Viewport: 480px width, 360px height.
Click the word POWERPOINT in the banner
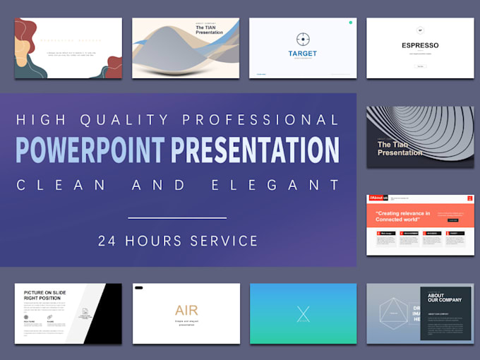tap(90, 150)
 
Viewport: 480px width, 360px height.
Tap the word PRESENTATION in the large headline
tap(253, 150)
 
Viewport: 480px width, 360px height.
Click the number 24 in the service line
tap(107, 241)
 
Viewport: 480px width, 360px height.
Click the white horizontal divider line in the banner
tap(177, 218)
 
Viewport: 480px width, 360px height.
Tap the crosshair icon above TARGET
tap(303, 39)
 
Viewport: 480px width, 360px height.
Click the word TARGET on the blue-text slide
tap(303, 54)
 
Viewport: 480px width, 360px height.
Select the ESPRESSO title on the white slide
tap(420, 46)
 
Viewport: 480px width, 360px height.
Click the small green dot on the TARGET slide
tap(350, 23)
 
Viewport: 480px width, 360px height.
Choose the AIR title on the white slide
tap(186, 311)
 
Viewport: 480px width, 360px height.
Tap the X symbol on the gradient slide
tap(303, 314)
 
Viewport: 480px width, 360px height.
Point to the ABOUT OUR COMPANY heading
tap(436, 298)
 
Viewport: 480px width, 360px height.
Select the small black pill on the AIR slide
tap(138, 288)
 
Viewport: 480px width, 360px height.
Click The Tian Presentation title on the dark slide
tap(400, 148)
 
